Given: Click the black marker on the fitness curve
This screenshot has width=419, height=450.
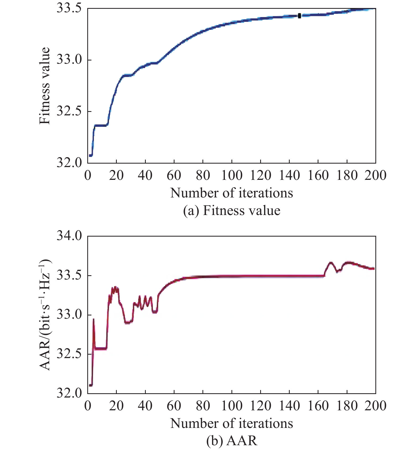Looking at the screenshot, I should tap(299, 16).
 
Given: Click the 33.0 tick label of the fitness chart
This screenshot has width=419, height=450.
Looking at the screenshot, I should tap(69, 60).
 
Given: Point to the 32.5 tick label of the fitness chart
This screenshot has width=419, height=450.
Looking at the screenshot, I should tap(69, 111).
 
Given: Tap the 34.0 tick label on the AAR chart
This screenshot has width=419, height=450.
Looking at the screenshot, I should tap(69, 236).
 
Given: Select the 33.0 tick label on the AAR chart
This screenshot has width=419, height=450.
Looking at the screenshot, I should tap(69, 315).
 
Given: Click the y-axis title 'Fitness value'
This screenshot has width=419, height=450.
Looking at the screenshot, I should tap(44, 86).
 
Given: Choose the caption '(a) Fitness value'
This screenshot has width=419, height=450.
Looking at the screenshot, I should tap(231, 211).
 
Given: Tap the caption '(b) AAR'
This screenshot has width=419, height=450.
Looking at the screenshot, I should tap(231, 441).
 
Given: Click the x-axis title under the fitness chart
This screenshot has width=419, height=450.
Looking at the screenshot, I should tap(231, 193).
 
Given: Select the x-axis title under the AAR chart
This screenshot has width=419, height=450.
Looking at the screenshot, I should tap(231, 423).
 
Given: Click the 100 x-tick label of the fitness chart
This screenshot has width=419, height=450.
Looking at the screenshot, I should tap(232, 176).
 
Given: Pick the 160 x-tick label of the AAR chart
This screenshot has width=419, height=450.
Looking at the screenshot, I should tap(318, 406).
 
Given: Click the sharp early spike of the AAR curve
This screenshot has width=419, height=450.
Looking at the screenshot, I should tap(93, 319).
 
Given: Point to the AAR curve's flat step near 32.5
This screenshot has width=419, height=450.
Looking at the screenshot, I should tap(101, 348).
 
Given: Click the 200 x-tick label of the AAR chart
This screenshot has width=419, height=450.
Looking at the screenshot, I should tap(375, 406).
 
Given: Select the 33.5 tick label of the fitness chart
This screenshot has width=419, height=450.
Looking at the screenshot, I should tap(69, 9).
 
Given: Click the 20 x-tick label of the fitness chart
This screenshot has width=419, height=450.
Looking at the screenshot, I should tap(117, 176).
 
